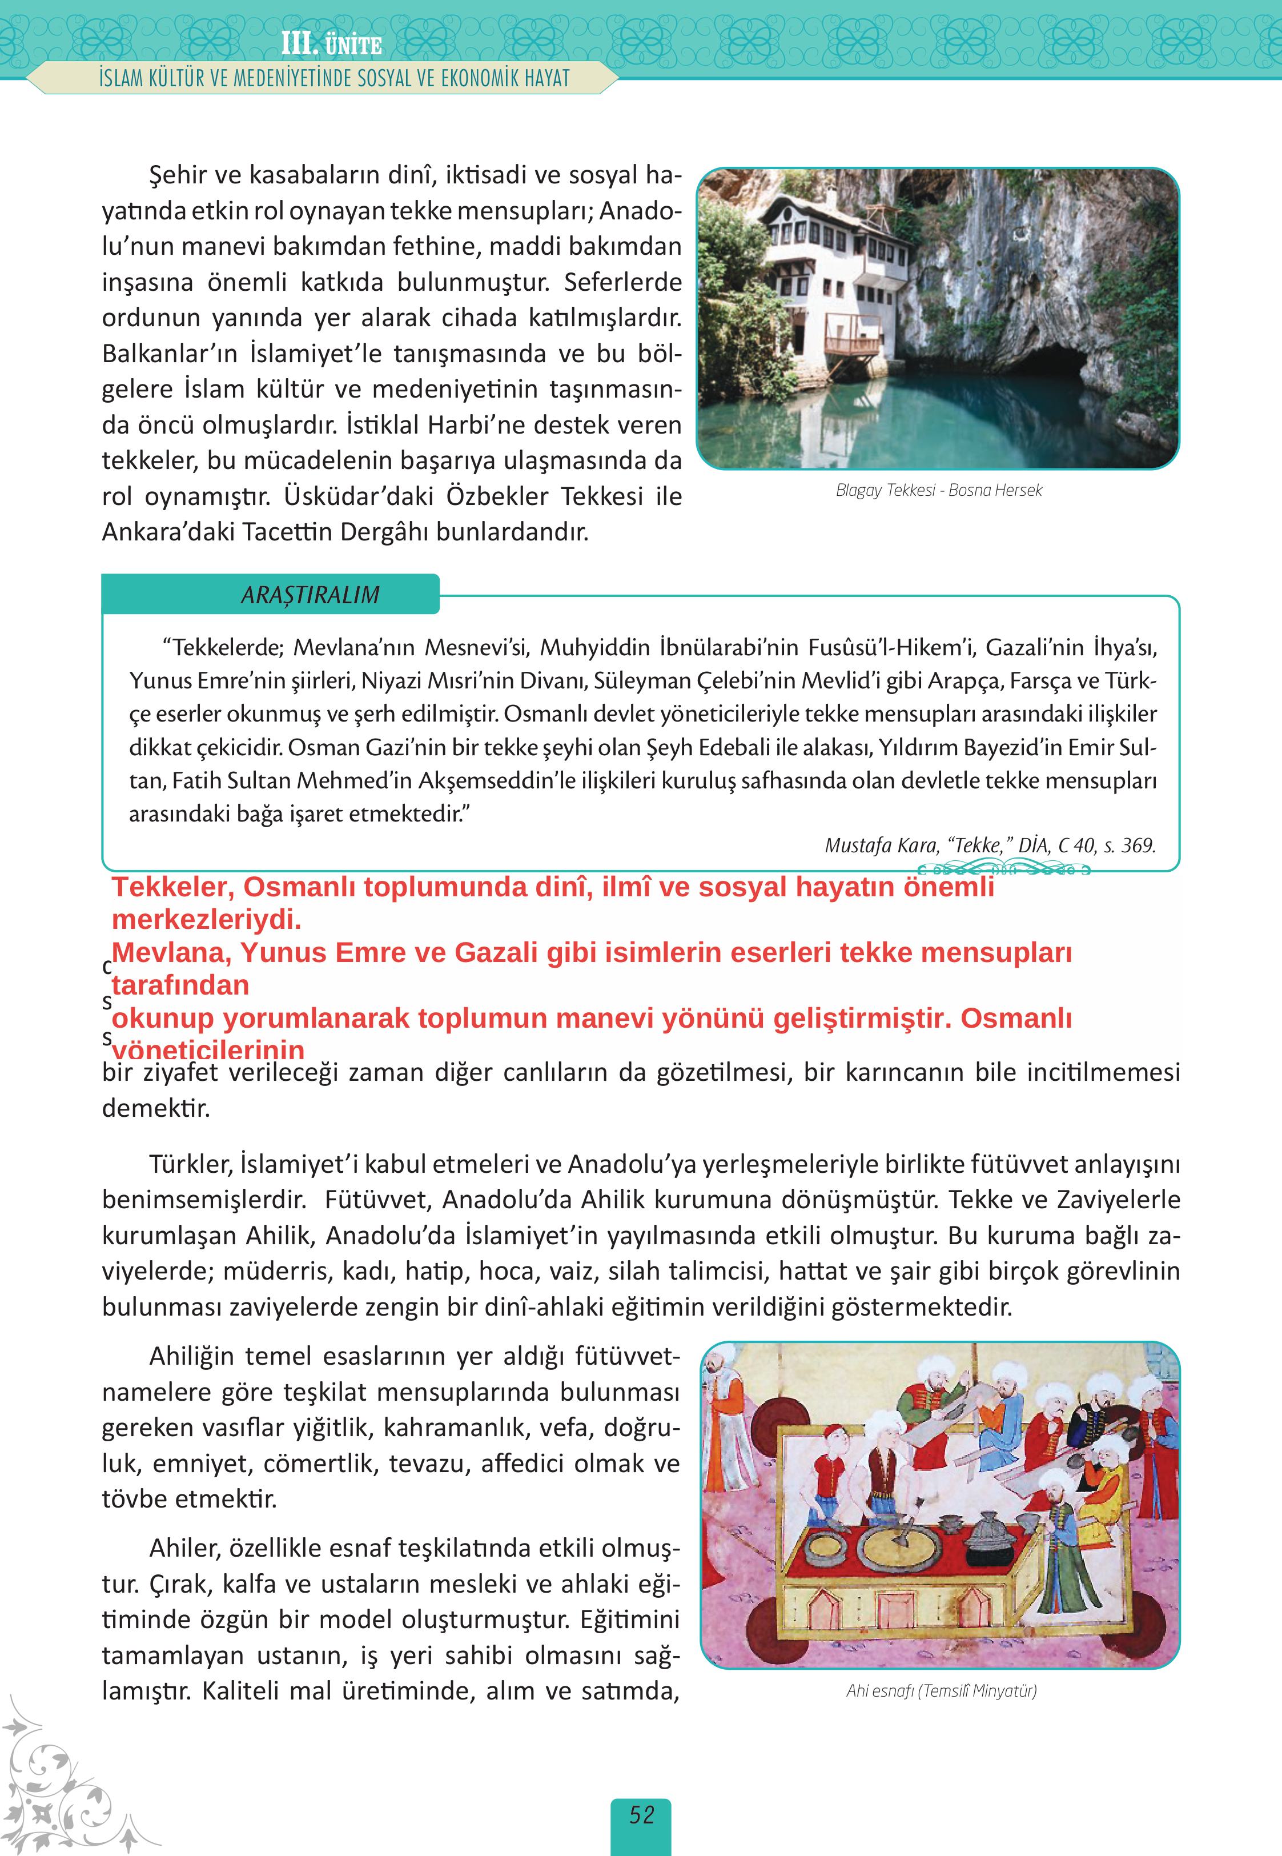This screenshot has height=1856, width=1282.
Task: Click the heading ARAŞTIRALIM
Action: coord(310,595)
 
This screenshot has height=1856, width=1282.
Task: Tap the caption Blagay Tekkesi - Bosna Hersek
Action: coord(938,490)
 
